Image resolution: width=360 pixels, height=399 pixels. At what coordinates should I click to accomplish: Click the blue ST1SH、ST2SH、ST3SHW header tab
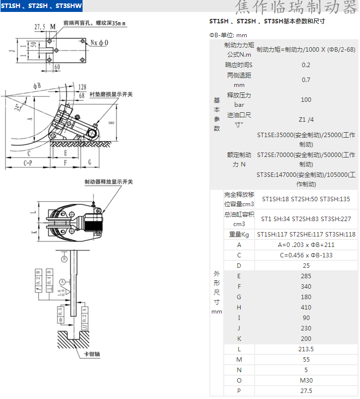tap(41, 6)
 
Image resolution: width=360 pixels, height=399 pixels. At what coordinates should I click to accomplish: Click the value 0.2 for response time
tap(306, 65)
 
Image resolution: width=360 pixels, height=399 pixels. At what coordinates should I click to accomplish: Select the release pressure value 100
tap(306, 100)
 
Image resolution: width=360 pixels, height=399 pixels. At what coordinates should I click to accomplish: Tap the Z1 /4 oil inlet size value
tap(306, 120)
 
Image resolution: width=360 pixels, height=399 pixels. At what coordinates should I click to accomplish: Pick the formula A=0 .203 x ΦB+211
tap(306, 245)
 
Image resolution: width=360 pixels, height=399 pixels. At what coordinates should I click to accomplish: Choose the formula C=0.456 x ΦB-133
tap(306, 255)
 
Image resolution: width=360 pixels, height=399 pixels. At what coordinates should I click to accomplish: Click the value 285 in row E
tap(306, 276)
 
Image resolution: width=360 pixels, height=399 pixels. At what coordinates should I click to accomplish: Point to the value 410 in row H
tap(306, 308)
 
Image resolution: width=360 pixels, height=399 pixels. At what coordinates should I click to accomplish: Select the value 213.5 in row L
tap(306, 349)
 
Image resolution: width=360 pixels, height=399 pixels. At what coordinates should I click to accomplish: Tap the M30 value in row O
tap(306, 381)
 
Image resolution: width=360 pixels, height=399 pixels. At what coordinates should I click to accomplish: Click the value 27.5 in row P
tap(306, 391)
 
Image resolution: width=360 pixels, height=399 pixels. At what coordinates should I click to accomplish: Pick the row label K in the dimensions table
tap(239, 339)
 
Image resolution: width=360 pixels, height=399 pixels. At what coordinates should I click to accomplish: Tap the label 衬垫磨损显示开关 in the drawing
tap(111, 94)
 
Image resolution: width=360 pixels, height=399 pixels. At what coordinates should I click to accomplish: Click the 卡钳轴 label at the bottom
tap(91, 354)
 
